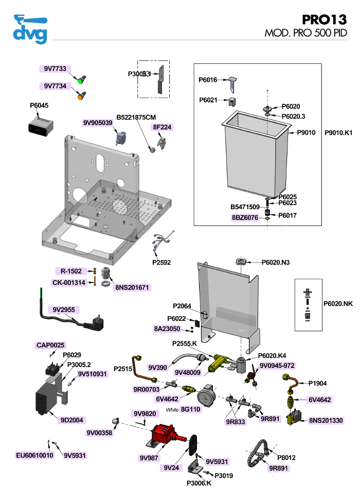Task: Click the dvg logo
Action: (30, 30)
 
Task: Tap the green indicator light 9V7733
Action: (80, 81)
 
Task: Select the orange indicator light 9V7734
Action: (80, 96)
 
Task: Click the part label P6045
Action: (39, 105)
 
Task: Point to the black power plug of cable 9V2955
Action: (95, 323)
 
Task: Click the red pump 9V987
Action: (165, 435)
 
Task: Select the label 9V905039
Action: (98, 123)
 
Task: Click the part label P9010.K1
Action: (338, 133)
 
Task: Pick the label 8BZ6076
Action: (245, 217)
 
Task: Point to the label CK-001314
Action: (69, 282)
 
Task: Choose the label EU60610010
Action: (34, 455)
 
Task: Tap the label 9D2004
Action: (71, 420)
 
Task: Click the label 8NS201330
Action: (326, 420)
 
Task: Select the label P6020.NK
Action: (337, 303)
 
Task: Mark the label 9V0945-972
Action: (277, 365)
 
